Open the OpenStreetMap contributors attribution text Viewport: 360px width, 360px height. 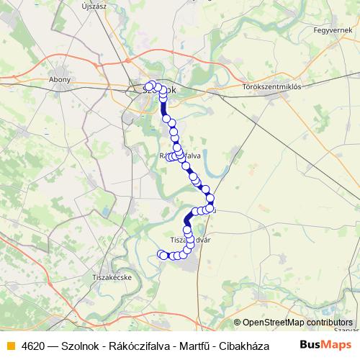tap(297, 323)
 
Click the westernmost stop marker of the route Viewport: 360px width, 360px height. tap(161, 253)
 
